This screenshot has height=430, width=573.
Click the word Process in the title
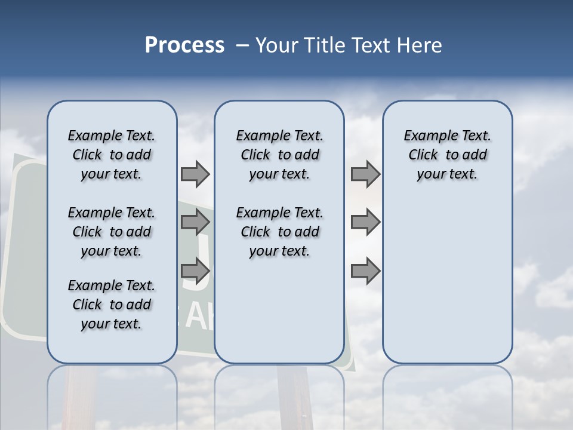(184, 45)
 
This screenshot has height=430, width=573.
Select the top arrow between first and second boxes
(195, 174)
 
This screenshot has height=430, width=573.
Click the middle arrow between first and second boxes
(195, 223)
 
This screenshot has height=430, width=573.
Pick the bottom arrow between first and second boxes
(195, 271)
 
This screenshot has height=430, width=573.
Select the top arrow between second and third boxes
(365, 174)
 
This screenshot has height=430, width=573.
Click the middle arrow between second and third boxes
(365, 223)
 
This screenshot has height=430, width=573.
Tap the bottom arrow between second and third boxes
(365, 271)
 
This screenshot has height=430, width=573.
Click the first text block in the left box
(112, 155)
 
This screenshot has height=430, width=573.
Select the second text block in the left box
(112, 232)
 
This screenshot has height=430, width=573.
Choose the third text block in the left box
(112, 305)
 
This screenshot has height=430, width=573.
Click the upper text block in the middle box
(279, 155)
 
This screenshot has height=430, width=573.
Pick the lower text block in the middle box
(279, 232)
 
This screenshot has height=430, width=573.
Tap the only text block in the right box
(447, 155)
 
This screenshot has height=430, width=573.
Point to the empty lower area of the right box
(447, 287)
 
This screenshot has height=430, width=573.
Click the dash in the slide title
(242, 45)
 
